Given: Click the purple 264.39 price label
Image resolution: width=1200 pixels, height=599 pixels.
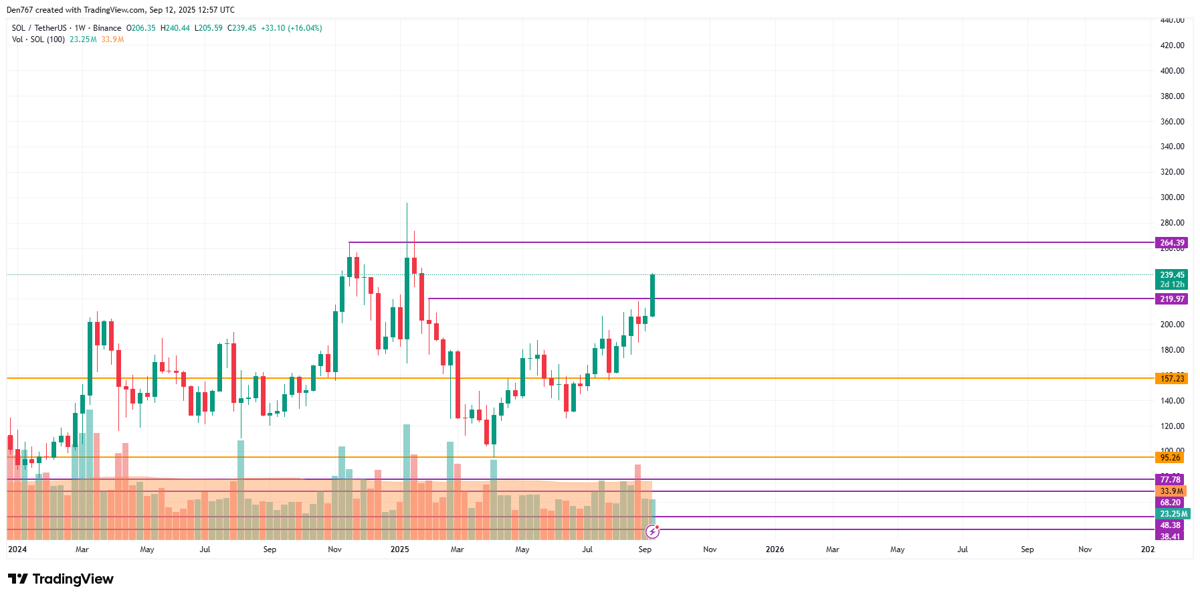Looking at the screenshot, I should click(1171, 243).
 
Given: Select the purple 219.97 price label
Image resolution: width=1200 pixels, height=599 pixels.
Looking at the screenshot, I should click(1171, 299).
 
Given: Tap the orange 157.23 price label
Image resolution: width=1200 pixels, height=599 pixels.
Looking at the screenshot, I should click(1171, 379).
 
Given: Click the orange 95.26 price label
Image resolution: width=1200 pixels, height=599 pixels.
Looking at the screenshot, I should click(1170, 458).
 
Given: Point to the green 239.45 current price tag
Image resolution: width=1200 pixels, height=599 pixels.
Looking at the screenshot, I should click(1171, 275).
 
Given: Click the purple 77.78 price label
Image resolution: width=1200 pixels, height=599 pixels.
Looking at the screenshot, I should click(1170, 480).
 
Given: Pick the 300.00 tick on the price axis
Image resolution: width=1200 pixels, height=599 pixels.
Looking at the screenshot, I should click(1172, 197).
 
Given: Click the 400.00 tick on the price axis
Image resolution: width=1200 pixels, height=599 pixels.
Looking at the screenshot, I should click(1172, 71).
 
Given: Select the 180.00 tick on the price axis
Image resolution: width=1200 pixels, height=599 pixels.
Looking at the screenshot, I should click(1172, 350).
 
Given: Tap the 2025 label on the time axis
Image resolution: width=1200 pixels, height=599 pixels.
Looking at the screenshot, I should click(399, 549).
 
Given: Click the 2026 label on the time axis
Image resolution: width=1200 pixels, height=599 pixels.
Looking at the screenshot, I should click(775, 549).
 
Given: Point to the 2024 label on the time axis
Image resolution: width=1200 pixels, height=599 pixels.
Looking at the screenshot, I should click(17, 549).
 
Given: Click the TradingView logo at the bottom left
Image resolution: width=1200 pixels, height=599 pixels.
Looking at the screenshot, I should click(61, 579).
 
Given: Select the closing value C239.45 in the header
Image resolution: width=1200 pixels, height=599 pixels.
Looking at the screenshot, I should click(241, 28).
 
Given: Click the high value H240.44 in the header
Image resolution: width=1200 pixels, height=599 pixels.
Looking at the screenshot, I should click(175, 28).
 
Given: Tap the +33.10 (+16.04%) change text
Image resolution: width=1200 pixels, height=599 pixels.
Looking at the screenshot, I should click(292, 28).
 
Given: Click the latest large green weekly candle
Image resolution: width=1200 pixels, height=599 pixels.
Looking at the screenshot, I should click(652, 295).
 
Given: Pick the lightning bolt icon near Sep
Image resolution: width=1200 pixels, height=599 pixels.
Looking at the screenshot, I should click(652, 532).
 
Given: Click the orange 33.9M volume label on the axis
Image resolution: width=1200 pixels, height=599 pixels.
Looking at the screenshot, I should click(1171, 491).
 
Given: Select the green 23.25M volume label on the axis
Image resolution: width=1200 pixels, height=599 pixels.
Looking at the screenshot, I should click(1173, 514).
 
